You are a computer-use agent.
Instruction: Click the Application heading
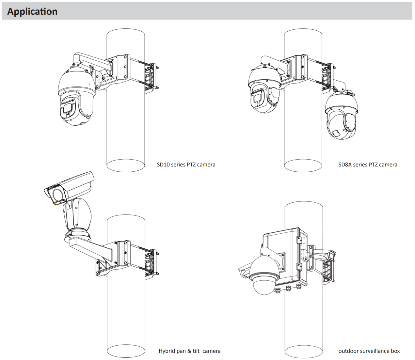32,11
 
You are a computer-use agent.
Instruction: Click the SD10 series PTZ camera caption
186,164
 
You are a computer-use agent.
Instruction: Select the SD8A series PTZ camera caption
368,164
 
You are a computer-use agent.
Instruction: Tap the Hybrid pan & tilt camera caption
189,351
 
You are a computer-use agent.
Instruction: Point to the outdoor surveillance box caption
369,351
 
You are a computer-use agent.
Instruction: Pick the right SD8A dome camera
342,116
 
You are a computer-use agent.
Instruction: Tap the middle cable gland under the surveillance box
288,288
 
